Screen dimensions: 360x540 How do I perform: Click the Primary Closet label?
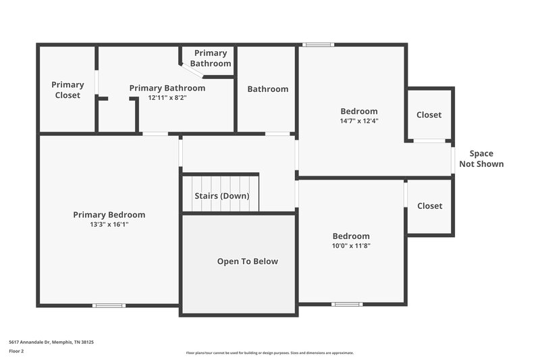[x=67, y=90]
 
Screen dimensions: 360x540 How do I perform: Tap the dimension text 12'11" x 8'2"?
[x=167, y=97]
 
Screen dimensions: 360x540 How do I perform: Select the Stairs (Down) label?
[x=222, y=196]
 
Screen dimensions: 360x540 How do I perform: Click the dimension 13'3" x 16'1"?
[x=109, y=224]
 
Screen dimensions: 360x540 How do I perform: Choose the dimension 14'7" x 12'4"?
[x=358, y=121]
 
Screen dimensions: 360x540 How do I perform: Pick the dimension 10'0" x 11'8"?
[x=351, y=246]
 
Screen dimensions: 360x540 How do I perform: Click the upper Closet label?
[x=429, y=115]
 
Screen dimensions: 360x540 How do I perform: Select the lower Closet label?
[x=429, y=206]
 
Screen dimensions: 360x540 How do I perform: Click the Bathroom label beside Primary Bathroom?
[x=267, y=89]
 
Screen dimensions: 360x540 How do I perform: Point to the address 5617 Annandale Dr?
[x=51, y=342]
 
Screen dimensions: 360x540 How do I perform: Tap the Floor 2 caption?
[x=17, y=351]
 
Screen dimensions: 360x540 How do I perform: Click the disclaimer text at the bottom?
[x=269, y=353]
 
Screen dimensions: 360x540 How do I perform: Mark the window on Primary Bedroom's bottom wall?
[x=109, y=305]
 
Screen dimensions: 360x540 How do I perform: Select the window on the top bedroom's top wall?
[x=318, y=45]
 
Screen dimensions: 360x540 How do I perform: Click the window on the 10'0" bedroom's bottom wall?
[x=347, y=304]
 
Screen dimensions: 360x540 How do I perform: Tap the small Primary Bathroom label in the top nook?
[x=211, y=58]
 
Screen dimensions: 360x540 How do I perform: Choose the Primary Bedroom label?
[x=109, y=215]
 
